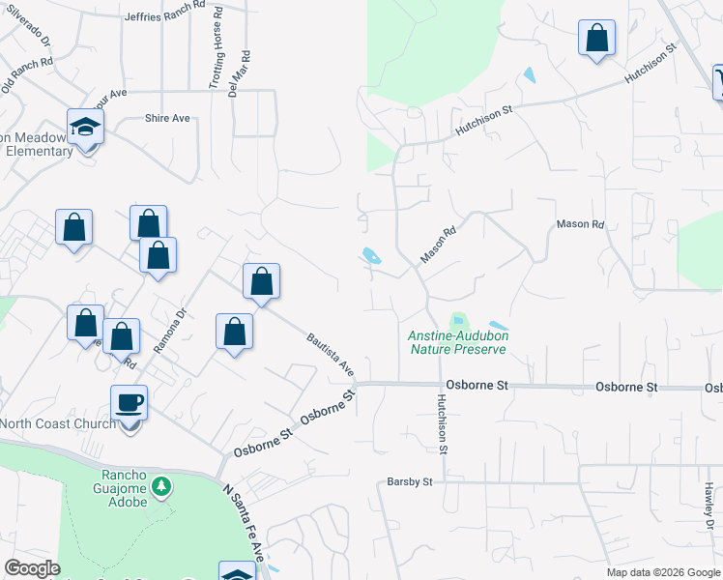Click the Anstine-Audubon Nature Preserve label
[x=459, y=341]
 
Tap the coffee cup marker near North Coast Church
[x=129, y=402]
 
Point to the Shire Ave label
[x=167, y=118]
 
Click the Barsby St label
[x=409, y=479]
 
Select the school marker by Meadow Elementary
[x=86, y=127]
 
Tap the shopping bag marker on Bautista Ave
[x=261, y=282]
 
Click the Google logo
[x=32, y=568]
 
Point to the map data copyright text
[x=663, y=572]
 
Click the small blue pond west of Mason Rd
[x=370, y=256]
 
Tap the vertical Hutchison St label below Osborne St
[x=441, y=423]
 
